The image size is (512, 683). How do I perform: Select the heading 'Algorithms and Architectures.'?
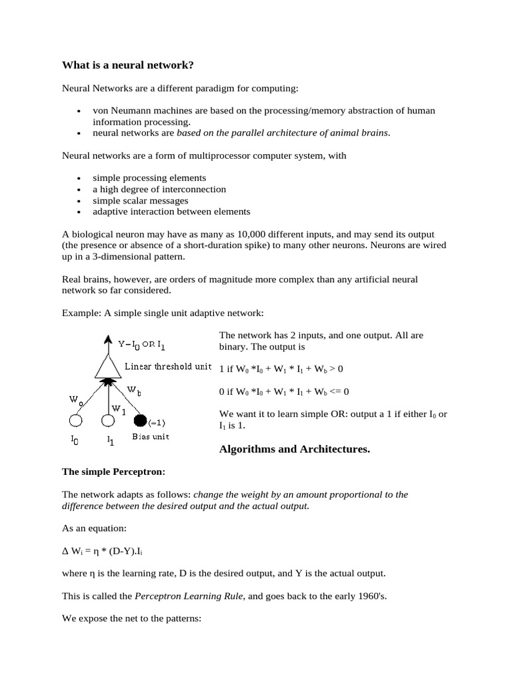pos(294,449)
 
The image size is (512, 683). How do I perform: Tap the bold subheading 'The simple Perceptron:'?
pos(113,472)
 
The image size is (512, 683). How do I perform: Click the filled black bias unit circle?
pos(140,420)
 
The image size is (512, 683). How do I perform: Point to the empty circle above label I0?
pos(76,420)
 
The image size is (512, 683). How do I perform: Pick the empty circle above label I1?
pos(108,420)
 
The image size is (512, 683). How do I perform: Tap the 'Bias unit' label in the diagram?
pos(151,437)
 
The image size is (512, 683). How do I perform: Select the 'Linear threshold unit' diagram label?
pos(168,366)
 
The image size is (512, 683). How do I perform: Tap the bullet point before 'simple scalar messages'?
pos(79,201)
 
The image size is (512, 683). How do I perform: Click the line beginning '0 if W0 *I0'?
pos(284,391)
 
